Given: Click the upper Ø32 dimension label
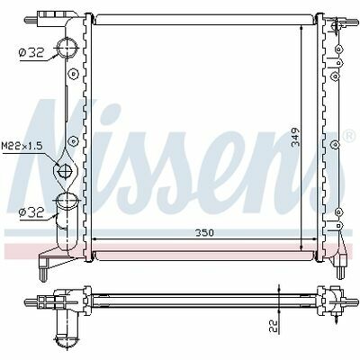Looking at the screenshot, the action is (31, 53).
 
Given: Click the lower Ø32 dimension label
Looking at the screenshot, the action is (31, 212).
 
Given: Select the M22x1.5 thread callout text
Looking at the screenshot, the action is (22, 147).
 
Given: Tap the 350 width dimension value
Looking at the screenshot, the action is (205, 233).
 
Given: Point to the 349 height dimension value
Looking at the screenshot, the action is (296, 137).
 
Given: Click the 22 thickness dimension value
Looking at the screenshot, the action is (273, 325).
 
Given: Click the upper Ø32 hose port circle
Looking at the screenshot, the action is (67, 48).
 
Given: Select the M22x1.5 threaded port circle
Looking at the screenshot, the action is (65, 171).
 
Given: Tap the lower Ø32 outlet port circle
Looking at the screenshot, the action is (67, 199).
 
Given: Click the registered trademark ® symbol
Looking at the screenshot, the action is (349, 136).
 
